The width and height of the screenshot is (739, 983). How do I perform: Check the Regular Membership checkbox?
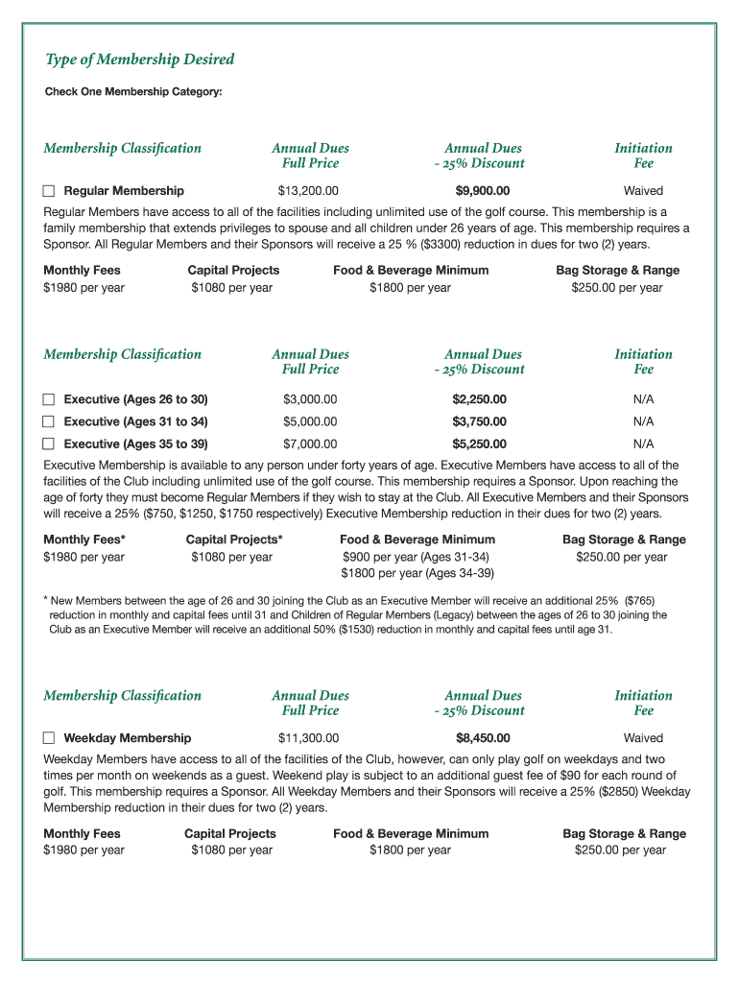click(x=50, y=191)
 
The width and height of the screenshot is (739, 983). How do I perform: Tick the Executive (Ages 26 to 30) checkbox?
click(x=50, y=399)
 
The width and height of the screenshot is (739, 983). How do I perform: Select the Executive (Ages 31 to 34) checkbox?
click(x=50, y=421)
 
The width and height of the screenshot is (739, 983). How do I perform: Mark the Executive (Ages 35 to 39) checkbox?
click(x=50, y=444)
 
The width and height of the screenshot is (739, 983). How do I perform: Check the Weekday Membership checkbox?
click(x=50, y=738)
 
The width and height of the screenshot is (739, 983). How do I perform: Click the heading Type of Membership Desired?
click(x=140, y=60)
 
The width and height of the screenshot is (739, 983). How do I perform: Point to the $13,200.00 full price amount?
click(x=308, y=191)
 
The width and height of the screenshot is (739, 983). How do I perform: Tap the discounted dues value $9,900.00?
click(x=483, y=191)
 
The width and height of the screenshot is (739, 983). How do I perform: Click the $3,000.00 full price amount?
click(x=310, y=399)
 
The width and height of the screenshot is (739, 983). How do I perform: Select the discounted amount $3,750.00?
click(x=480, y=421)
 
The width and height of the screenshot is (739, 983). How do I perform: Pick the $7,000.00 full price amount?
click(x=310, y=444)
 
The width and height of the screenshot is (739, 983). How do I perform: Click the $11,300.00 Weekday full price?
click(x=308, y=738)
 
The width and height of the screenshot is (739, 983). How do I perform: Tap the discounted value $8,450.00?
click(x=483, y=738)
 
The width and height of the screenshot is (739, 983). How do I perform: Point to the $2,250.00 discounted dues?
click(x=480, y=399)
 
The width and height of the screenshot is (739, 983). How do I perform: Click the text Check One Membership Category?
click(x=133, y=92)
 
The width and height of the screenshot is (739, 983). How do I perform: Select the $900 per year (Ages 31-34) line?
click(x=417, y=557)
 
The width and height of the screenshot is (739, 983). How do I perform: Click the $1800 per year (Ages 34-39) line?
click(x=417, y=573)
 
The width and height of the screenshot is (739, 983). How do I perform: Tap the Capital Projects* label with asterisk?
click(x=234, y=539)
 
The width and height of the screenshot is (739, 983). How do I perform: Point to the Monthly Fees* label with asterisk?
click(x=84, y=539)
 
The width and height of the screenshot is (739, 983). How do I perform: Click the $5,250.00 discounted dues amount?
click(x=480, y=444)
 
